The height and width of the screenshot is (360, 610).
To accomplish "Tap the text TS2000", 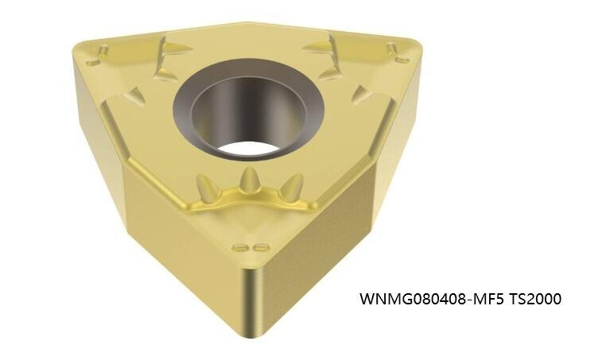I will (x=534, y=300).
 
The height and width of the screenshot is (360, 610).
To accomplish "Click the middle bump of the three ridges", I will (x=251, y=180).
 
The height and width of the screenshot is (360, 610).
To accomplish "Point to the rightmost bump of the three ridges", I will (x=292, y=188).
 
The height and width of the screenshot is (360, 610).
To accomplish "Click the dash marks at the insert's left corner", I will (x=99, y=54).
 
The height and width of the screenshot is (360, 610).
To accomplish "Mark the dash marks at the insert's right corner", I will (x=398, y=53).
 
